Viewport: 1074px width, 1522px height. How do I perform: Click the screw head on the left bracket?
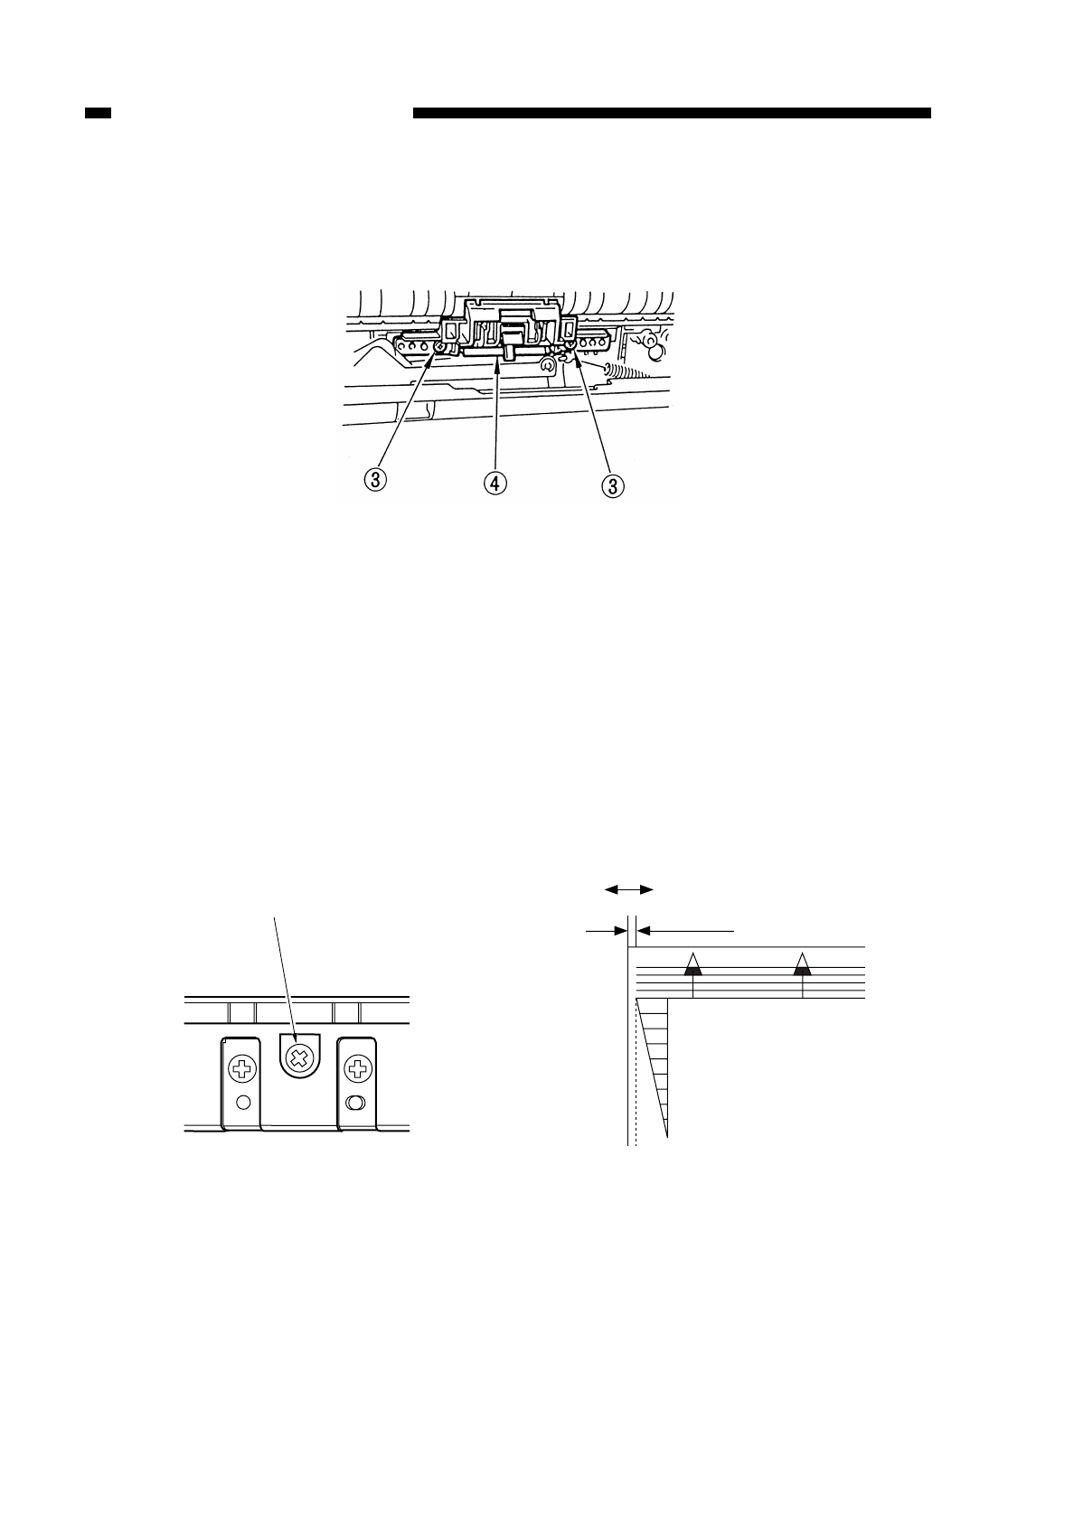click(x=241, y=1070)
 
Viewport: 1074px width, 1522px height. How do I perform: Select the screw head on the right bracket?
click(x=358, y=1070)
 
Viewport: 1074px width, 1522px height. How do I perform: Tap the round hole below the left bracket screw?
click(x=241, y=1102)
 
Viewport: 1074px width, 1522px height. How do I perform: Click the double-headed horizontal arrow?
click(x=628, y=890)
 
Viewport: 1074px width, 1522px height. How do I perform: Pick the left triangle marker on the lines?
click(x=692, y=966)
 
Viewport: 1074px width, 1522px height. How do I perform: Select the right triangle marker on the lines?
click(x=802, y=966)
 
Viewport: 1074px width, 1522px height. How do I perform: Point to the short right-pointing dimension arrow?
click(x=607, y=928)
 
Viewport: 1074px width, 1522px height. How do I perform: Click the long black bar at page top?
click(x=672, y=114)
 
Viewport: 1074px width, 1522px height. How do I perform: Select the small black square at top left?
click(x=98, y=114)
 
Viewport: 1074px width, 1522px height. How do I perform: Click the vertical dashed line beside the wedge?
click(x=636, y=1085)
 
